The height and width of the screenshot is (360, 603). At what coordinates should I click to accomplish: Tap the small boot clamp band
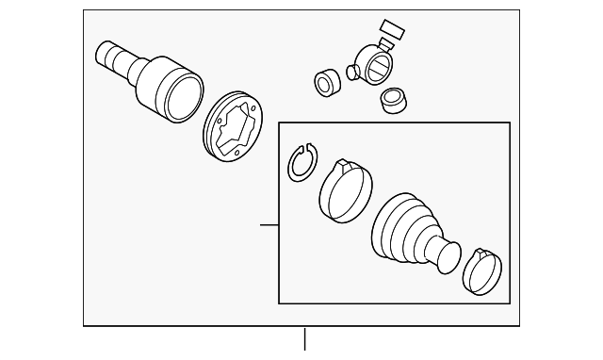point(485,271)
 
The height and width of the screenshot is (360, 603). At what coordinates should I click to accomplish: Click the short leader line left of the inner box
point(269,225)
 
